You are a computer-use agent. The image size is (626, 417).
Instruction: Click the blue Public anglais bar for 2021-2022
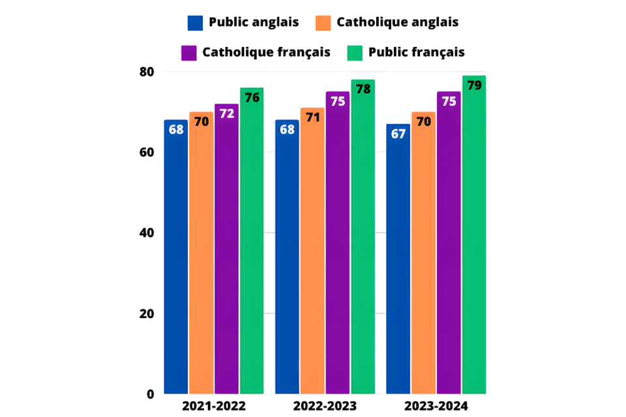(x=175, y=261)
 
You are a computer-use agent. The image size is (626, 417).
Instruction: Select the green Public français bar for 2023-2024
(x=474, y=241)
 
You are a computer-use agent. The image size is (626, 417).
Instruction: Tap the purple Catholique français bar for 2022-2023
(x=338, y=248)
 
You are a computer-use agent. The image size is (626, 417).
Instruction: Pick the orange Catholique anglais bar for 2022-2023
(x=312, y=254)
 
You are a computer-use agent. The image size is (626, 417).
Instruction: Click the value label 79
(x=474, y=85)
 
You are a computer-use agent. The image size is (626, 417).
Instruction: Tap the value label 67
(x=398, y=134)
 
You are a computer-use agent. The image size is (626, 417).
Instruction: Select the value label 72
(x=226, y=113)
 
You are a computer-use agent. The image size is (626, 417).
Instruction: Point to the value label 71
(x=312, y=118)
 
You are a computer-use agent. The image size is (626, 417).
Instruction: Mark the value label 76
(x=252, y=98)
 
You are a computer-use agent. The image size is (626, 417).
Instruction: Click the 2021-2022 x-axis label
(x=214, y=407)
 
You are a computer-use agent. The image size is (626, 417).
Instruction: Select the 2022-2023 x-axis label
(x=325, y=407)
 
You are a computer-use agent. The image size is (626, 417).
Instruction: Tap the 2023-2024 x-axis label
(x=436, y=407)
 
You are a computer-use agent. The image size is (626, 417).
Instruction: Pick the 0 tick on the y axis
(x=149, y=394)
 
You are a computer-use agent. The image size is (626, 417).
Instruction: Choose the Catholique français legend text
(x=266, y=52)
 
